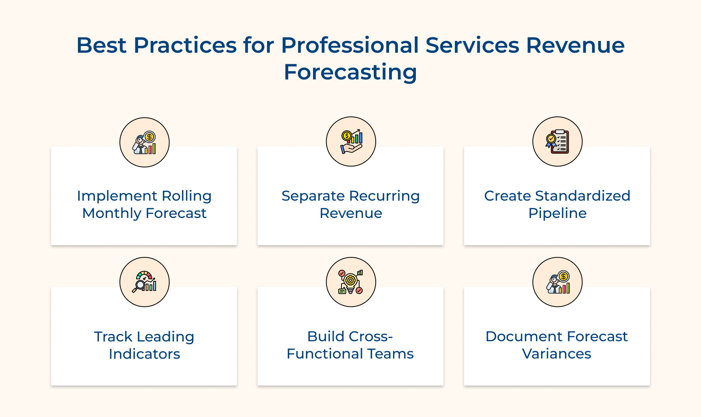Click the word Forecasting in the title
(350, 72)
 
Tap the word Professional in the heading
(350, 45)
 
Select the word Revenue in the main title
(575, 45)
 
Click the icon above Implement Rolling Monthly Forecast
(145, 142)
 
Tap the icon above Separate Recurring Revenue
(351, 142)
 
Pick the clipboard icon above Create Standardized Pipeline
(557, 142)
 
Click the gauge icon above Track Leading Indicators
(145, 282)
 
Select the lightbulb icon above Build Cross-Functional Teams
(351, 282)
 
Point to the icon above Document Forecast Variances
(557, 282)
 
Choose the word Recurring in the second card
(384, 196)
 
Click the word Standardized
(582, 196)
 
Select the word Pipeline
(557, 213)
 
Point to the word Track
(113, 337)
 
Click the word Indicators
(145, 354)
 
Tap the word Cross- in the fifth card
(371, 337)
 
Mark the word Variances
(556, 354)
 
